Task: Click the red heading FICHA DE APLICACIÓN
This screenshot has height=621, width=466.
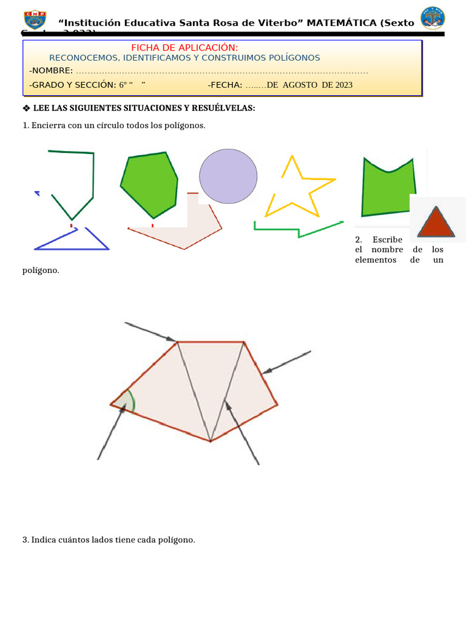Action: click(x=184, y=48)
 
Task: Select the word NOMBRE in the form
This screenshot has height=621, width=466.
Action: click(x=52, y=71)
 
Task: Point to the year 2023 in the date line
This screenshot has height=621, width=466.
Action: click(x=342, y=85)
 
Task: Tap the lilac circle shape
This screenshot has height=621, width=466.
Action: click(x=228, y=176)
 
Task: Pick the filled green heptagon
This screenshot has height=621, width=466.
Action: click(x=149, y=184)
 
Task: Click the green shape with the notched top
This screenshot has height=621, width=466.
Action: click(x=388, y=186)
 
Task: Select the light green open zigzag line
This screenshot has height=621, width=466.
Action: click(x=297, y=229)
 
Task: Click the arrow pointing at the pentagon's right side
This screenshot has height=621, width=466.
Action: click(x=286, y=362)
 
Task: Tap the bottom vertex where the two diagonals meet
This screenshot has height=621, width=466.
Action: click(x=210, y=441)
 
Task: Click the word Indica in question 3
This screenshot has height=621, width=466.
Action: click(x=43, y=539)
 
